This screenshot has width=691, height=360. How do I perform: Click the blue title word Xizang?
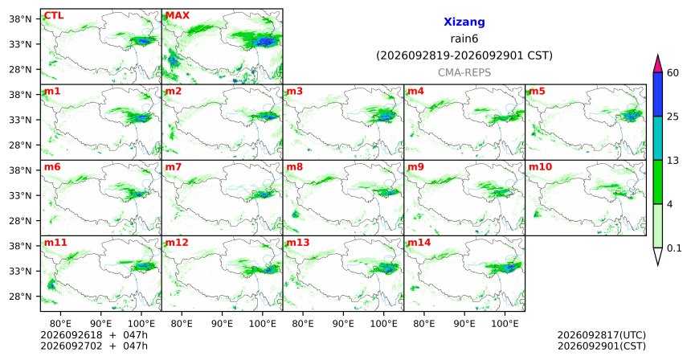tap(464, 22)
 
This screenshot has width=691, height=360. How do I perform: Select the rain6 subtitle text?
tap(464, 39)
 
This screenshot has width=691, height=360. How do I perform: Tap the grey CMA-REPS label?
tap(464, 72)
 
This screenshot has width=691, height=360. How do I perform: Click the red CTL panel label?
tap(54, 16)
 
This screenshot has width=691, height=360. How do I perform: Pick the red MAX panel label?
tap(177, 16)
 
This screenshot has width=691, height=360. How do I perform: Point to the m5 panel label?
tap(537, 92)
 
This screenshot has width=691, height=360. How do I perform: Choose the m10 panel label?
tap(540, 167)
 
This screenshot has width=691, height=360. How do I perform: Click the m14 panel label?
tap(419, 243)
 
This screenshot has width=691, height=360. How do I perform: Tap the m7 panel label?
tap(174, 167)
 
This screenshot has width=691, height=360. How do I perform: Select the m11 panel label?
tap(55, 243)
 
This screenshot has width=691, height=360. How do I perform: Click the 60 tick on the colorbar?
tap(673, 72)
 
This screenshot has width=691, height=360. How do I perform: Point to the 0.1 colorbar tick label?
tap(674, 248)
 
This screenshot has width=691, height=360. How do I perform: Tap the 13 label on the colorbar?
tap(673, 161)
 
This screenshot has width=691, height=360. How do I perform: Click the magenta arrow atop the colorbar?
tap(658, 64)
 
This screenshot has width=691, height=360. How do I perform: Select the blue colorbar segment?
tap(658, 94)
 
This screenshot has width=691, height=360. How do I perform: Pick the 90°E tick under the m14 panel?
tap(464, 324)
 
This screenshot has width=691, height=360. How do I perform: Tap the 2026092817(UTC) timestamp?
tap(602, 336)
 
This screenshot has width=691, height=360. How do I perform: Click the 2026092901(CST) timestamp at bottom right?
tap(602, 346)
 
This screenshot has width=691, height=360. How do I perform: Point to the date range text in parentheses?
tap(464, 55)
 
